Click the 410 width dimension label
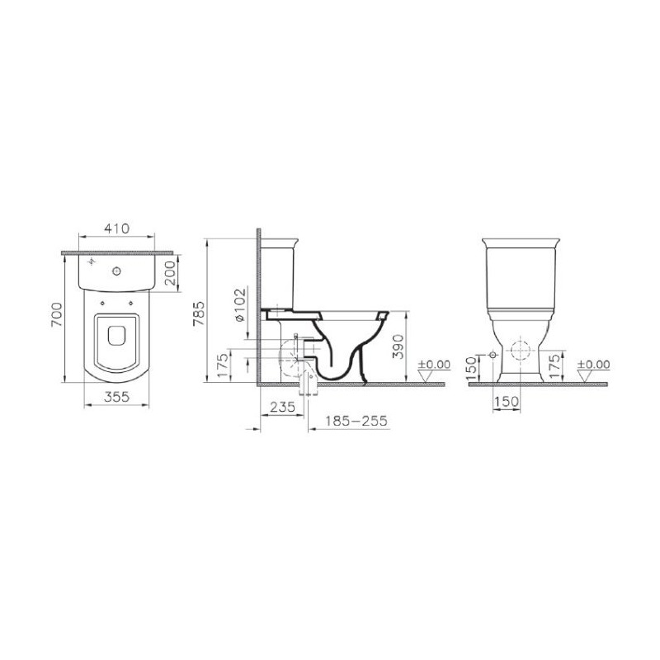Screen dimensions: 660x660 pos(117,229)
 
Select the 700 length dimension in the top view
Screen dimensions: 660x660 pos(57,314)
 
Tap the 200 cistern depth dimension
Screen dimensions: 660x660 pos(170,273)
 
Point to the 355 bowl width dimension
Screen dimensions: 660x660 pos(117,397)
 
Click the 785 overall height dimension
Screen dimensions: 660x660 pos(199,313)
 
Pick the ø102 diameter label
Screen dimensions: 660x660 pos(239,304)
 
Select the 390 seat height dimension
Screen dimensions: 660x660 pos(398,346)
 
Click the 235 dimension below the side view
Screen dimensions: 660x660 pos(282,407)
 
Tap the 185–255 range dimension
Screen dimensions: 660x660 pos(356,421)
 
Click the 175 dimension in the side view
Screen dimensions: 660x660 pos(223,365)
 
